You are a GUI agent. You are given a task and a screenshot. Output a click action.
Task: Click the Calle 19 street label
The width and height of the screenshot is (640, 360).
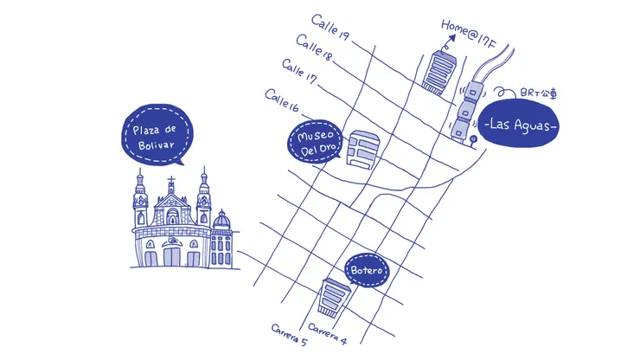[x=330, y=28]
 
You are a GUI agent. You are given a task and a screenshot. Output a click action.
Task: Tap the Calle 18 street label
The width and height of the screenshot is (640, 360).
[x=314, y=48]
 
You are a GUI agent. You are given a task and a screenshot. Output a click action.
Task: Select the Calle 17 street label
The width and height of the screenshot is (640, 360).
[x=299, y=71]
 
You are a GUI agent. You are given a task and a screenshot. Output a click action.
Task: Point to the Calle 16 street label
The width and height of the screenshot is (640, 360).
[x=282, y=100]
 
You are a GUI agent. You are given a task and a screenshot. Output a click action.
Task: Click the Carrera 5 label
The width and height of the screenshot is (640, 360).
[x=289, y=335]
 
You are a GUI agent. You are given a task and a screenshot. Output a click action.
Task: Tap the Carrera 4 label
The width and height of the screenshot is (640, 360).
[x=327, y=333]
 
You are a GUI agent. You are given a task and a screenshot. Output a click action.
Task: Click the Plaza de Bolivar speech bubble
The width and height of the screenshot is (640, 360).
[x=157, y=135]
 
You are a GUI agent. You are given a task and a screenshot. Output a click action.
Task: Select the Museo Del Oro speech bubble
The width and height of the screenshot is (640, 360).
[x=315, y=142]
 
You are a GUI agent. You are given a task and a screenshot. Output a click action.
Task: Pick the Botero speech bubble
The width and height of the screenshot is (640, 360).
[x=367, y=270]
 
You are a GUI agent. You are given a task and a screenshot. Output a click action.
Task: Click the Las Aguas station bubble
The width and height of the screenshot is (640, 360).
[x=518, y=123]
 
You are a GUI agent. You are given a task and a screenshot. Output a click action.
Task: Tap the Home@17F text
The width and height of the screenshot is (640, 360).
[x=468, y=34]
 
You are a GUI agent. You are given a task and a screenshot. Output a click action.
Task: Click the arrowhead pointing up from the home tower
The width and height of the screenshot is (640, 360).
[x=451, y=39]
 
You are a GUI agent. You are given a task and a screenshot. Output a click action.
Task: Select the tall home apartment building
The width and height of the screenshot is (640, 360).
[x=439, y=73]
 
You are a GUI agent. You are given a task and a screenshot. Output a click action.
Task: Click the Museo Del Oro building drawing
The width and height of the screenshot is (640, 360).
[x=363, y=148]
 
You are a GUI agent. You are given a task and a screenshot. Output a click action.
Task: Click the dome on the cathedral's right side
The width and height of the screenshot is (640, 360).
[x=221, y=220]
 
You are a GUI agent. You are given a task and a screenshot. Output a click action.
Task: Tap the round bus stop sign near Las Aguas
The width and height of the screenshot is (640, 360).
[x=473, y=139]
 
